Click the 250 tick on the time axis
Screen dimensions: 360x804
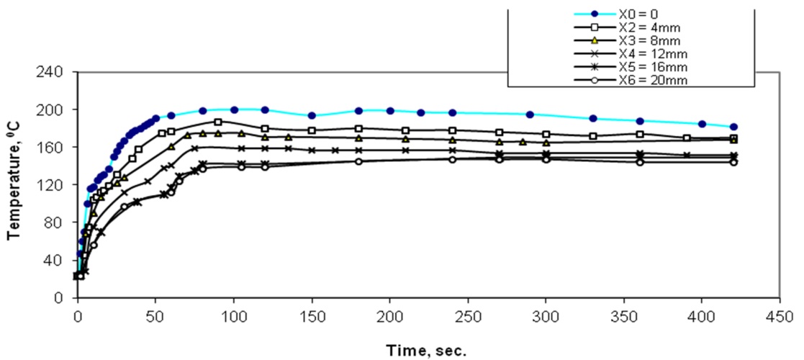click(468, 315)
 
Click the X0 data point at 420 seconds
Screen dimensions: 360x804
click(733, 127)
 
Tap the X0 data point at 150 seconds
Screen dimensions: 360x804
click(312, 115)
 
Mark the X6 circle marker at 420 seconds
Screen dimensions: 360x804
click(733, 162)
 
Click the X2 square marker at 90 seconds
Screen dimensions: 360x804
click(218, 122)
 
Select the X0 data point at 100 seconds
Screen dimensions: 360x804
click(234, 109)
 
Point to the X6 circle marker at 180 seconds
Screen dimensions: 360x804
click(358, 161)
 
